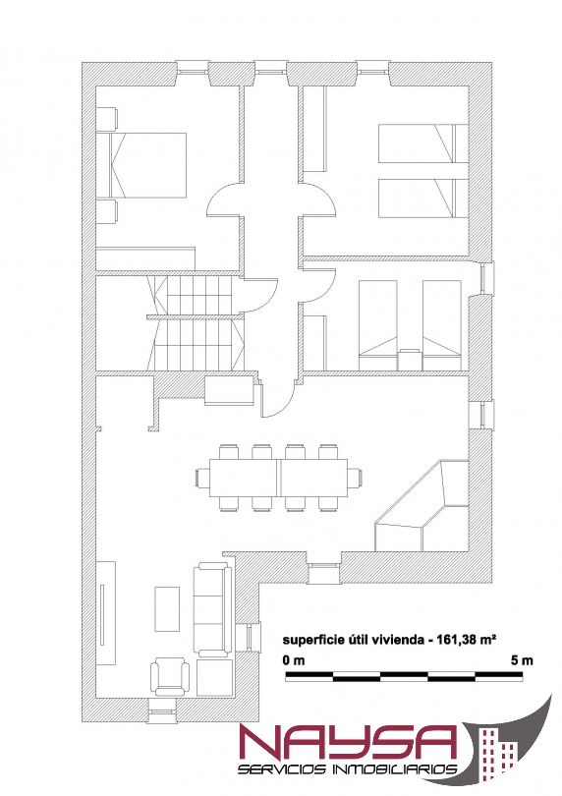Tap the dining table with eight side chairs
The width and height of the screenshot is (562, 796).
279,478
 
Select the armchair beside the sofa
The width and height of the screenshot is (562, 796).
171,677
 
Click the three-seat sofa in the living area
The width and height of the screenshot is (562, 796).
213,609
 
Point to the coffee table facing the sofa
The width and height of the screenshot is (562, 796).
167,608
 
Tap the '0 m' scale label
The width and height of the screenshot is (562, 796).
294,660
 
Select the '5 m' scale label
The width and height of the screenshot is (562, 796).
522,660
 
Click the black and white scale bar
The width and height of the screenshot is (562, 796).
404,676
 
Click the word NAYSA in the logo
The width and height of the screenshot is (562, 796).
348,743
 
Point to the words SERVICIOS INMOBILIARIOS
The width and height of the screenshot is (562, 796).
348,769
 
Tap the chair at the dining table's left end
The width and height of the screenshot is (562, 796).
202,478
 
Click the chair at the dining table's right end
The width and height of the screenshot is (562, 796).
355,478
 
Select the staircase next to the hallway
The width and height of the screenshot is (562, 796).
196,322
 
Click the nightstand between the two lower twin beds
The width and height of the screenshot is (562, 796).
409,360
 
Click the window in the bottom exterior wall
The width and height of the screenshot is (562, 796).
162,711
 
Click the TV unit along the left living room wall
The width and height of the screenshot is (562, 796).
106,613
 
